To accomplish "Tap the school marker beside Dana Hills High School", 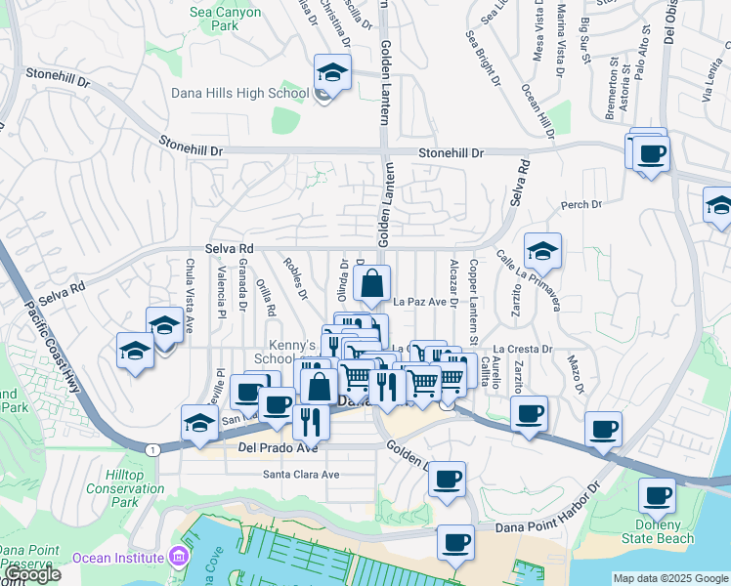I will click(x=332, y=74).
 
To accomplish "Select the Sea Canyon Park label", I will click(x=214, y=19).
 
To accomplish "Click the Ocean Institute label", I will click(x=117, y=557).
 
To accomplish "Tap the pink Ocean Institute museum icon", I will click(x=177, y=557).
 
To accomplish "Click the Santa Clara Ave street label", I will click(x=300, y=475).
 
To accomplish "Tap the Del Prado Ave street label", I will click(x=279, y=448).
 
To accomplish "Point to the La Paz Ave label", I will click(x=418, y=302).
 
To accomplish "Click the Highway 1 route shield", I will click(x=152, y=449).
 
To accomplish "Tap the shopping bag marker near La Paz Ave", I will click(x=372, y=285).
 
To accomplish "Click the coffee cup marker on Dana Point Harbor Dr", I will click(x=454, y=542).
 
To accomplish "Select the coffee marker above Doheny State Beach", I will click(x=657, y=496).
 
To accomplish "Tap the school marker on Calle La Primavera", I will click(x=542, y=252).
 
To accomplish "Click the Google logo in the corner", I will click(x=31, y=574).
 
